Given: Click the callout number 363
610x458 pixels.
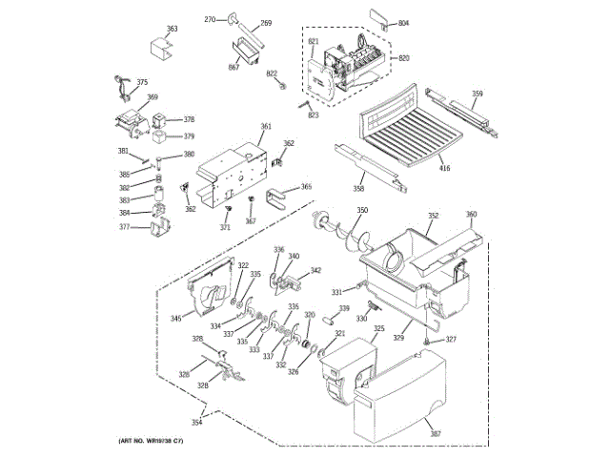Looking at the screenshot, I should (172, 30).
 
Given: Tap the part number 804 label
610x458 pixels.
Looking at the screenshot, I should (403, 23).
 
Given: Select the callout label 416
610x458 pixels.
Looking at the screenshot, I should (444, 169).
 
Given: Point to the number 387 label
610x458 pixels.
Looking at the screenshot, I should (436, 435).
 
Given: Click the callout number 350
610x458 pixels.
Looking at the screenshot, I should (362, 210).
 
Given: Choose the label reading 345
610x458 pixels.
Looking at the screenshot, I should (176, 319).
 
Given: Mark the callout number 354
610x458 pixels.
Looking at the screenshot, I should (196, 422).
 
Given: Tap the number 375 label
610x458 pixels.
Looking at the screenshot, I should (142, 83).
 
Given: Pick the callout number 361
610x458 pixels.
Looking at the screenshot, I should (266, 127).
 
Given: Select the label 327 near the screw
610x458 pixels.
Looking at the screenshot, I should (452, 340).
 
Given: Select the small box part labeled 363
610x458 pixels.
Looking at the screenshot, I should (157, 49).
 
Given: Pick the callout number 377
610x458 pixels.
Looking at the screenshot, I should (124, 228).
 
